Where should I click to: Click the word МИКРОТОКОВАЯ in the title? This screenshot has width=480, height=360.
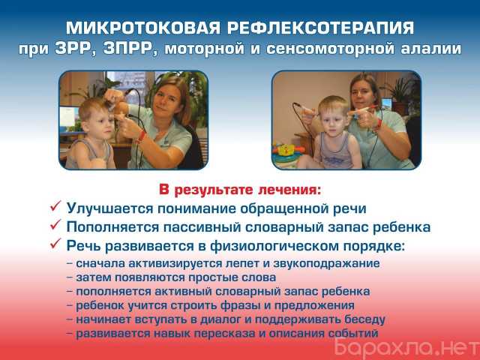click(x=143, y=28)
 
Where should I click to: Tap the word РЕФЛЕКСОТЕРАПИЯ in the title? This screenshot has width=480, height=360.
click(x=320, y=28)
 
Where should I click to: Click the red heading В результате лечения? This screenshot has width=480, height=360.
click(x=240, y=190)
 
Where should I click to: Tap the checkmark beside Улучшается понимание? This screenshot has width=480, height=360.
click(x=55, y=207)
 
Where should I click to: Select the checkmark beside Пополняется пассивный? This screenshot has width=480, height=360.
click(x=55, y=225)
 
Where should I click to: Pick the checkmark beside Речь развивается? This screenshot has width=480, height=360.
click(x=55, y=244)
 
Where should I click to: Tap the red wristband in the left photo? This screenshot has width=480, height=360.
click(x=141, y=136)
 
